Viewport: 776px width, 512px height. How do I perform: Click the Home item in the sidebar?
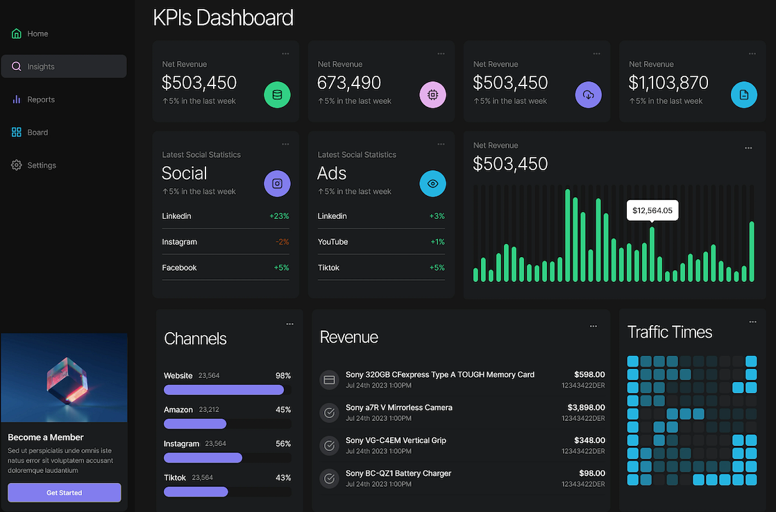pyautogui.click(x=37, y=34)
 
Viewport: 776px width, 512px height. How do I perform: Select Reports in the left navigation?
pyautogui.click(x=40, y=99)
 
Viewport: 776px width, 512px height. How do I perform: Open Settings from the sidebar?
pyautogui.click(x=41, y=165)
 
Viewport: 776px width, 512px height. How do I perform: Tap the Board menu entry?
pyautogui.click(x=37, y=133)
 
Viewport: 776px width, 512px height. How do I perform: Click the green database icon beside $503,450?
pyautogui.click(x=277, y=94)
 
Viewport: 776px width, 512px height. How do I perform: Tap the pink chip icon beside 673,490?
pyautogui.click(x=432, y=94)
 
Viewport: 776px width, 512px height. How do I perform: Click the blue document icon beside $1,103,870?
pyautogui.click(x=744, y=94)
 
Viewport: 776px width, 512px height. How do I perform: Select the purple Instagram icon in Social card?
pyautogui.click(x=277, y=184)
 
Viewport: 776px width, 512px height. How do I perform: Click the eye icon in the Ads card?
pyautogui.click(x=432, y=184)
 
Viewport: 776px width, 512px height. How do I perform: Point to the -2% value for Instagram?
pyautogui.click(x=282, y=242)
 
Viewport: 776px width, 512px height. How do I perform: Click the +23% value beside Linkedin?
pyautogui.click(x=279, y=216)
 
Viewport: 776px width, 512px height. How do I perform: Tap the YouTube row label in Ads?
pyautogui.click(x=332, y=242)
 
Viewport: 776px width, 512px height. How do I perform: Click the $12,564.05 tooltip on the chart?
pyautogui.click(x=652, y=210)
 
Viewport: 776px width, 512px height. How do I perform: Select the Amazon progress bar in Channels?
pyautogui.click(x=195, y=424)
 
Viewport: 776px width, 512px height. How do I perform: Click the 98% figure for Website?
pyautogui.click(x=283, y=376)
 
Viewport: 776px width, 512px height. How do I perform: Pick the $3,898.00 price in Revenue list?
pyautogui.click(x=586, y=407)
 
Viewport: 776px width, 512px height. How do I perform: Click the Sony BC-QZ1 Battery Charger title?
pyautogui.click(x=398, y=473)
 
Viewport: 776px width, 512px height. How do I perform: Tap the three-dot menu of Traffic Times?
pyautogui.click(x=753, y=322)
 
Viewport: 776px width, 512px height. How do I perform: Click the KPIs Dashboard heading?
pyautogui.click(x=223, y=17)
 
